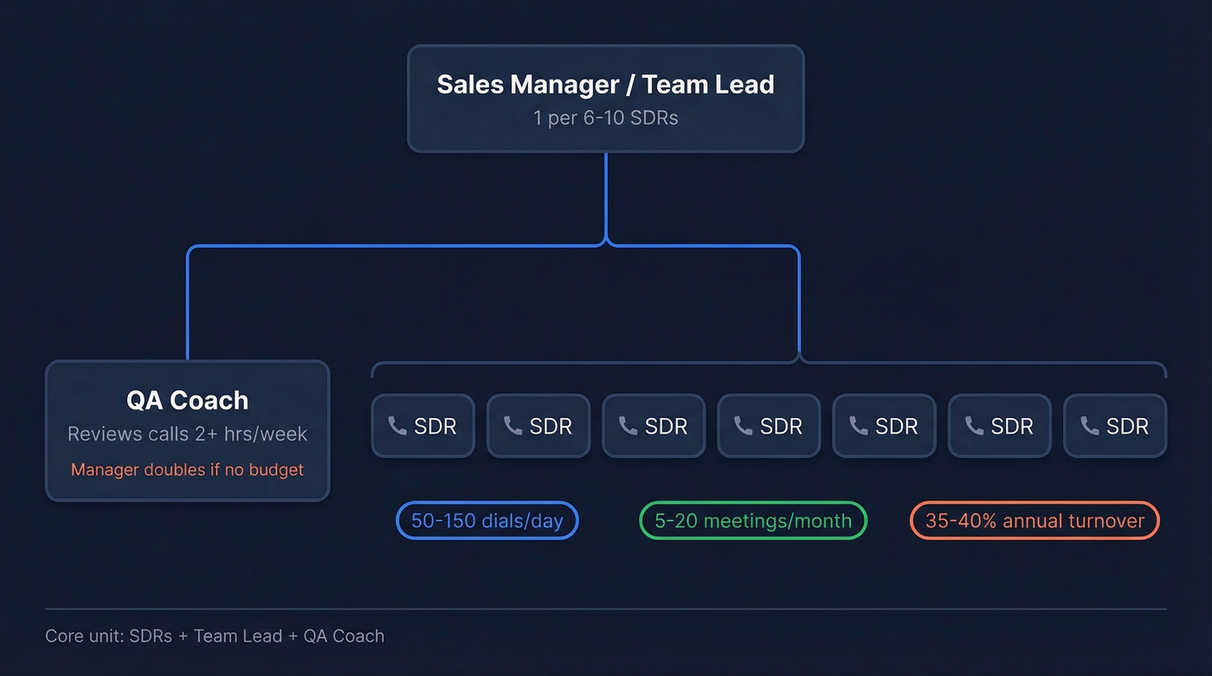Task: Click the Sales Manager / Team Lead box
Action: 605,98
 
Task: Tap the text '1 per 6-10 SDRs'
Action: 605,118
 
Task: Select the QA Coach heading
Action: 187,400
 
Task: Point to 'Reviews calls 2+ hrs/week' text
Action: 187,434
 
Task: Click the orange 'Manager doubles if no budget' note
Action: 187,470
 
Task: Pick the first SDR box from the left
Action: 422,426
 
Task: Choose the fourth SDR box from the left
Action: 768,426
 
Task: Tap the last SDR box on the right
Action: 1114,426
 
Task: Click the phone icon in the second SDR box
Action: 513,426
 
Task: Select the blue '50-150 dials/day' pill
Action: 487,521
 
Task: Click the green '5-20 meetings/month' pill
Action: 752,521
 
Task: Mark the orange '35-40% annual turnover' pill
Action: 1035,521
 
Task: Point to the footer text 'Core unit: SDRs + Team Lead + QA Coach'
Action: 215,636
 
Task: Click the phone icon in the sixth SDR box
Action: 974,426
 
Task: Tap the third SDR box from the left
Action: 653,426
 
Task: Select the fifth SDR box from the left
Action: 883,426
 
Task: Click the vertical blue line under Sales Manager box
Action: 606,195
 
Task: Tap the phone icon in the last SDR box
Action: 1089,426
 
